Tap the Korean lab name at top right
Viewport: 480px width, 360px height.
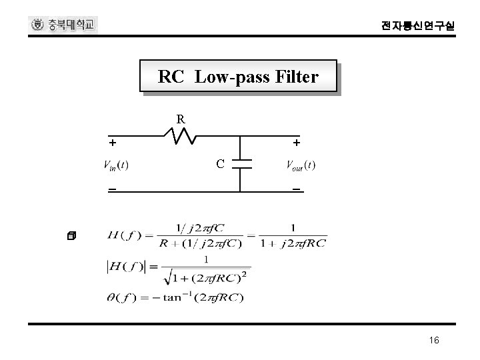pyautogui.click(x=419, y=26)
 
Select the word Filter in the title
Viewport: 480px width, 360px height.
pyautogui.click(x=296, y=77)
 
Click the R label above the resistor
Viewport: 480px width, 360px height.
pyautogui.click(x=181, y=119)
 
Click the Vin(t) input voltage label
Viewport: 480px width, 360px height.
pyautogui.click(x=115, y=165)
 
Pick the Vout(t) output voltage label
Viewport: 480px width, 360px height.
pyautogui.click(x=301, y=165)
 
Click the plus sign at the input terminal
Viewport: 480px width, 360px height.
pyautogui.click(x=113, y=143)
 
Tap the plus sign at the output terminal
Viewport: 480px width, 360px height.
pyautogui.click(x=296, y=143)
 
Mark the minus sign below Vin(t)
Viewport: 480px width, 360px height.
pyautogui.click(x=113, y=190)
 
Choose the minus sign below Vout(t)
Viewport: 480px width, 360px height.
pyautogui.click(x=296, y=190)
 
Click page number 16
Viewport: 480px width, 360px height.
pyautogui.click(x=434, y=341)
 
